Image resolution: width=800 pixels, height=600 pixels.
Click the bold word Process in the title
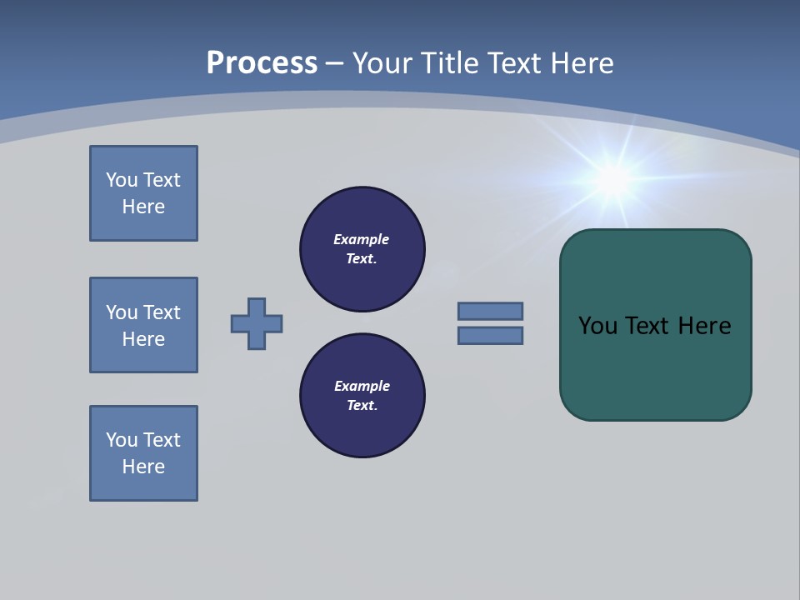262,63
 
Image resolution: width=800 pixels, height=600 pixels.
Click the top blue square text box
143,193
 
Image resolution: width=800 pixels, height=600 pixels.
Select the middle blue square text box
143,325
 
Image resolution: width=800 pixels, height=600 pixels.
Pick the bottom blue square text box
143,453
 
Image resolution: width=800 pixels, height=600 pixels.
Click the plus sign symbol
257,323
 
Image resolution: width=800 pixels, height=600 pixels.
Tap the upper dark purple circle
362,249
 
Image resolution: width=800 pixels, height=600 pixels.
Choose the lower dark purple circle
362,396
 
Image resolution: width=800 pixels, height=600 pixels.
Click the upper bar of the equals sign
490,311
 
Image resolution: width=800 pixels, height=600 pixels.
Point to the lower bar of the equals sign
490,335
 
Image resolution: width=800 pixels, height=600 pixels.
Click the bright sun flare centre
614,177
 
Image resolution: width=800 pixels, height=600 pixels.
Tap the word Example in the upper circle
362,239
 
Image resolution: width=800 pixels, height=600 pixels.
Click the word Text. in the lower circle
362,405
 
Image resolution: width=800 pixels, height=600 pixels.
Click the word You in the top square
122,180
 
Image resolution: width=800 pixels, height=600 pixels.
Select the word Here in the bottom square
143,467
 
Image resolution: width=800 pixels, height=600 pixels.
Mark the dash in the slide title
335,63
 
